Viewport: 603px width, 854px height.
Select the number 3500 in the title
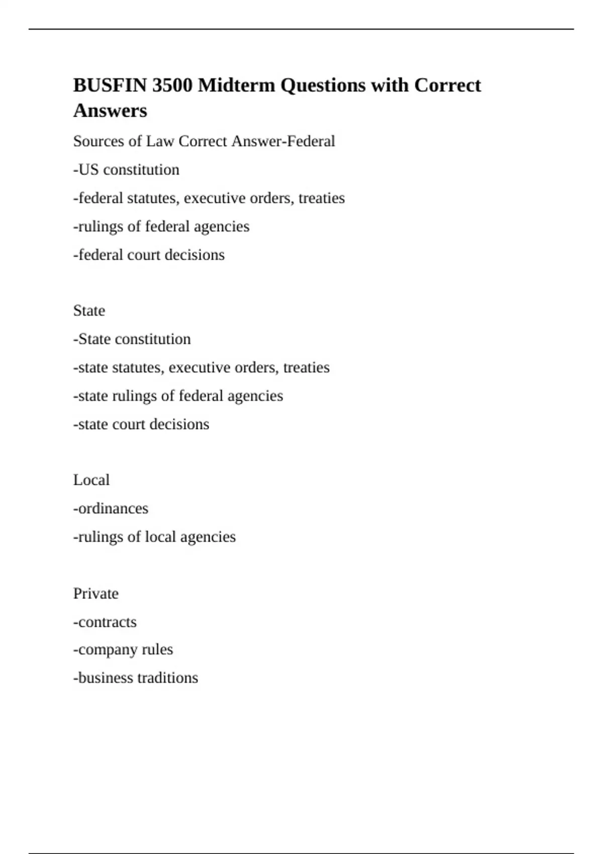pos(172,85)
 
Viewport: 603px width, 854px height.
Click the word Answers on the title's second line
pos(110,111)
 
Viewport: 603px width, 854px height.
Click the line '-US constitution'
pos(126,170)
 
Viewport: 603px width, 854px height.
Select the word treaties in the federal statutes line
pos(322,198)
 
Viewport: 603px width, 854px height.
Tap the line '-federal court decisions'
pos(149,255)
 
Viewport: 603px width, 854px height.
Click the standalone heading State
pos(89,311)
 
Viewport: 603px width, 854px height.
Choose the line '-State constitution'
pos(132,339)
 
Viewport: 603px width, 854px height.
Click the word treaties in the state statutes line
pos(307,368)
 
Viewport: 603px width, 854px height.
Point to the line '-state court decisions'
pos(141,424)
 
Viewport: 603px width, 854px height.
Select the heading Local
pos(91,480)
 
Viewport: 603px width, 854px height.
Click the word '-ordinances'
pos(111,508)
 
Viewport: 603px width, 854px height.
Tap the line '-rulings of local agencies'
pos(154,537)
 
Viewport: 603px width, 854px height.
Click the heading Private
pos(95,594)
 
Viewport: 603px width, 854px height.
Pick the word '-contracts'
pos(105,622)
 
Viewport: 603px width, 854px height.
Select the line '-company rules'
pos(123,650)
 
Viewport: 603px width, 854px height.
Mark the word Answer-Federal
pos(283,141)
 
